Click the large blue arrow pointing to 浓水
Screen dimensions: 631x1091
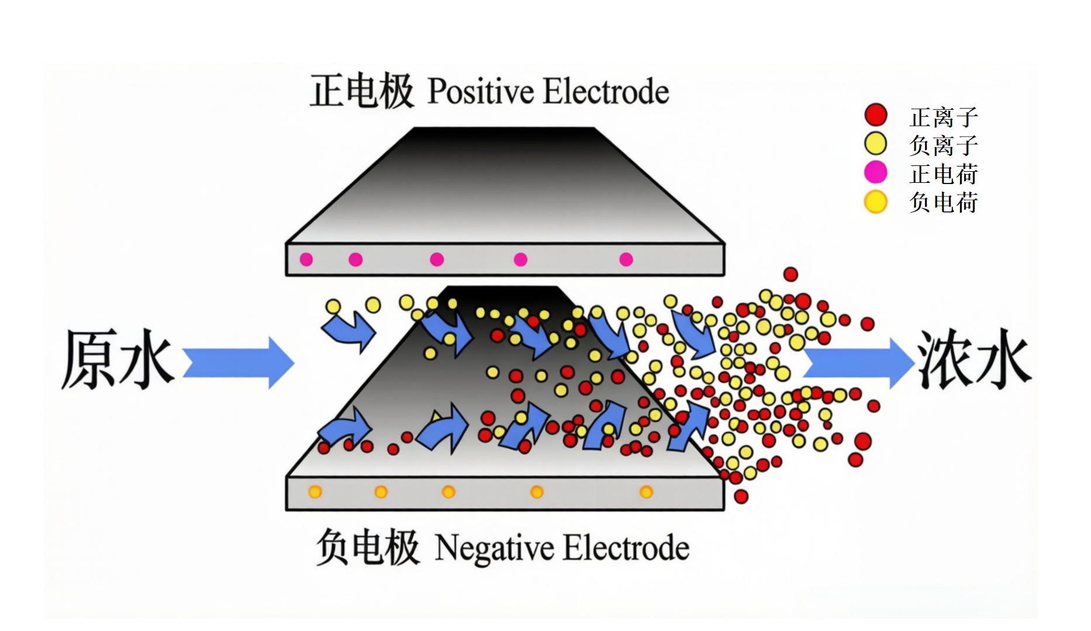coord(857,362)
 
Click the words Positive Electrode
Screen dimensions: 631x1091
coord(548,92)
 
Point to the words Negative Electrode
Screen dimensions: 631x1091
coord(562,548)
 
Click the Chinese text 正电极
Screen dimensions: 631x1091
coord(362,91)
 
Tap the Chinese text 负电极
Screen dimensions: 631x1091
coord(368,547)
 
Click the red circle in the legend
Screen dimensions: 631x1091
coord(876,115)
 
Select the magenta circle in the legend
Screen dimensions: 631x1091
coord(876,172)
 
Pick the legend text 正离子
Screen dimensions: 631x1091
coord(944,117)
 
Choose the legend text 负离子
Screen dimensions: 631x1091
coord(944,145)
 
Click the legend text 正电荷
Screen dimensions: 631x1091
coord(944,174)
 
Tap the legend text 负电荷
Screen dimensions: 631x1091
coord(944,203)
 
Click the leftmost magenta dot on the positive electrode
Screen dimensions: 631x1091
coord(306,259)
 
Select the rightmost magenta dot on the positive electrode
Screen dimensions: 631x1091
coord(626,259)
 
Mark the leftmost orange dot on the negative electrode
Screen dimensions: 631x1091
coord(315,492)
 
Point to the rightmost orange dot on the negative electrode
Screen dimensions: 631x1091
coord(646,492)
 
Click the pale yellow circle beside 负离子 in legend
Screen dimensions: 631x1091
coord(876,144)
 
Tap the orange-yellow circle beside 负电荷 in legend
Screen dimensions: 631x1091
coord(876,202)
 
